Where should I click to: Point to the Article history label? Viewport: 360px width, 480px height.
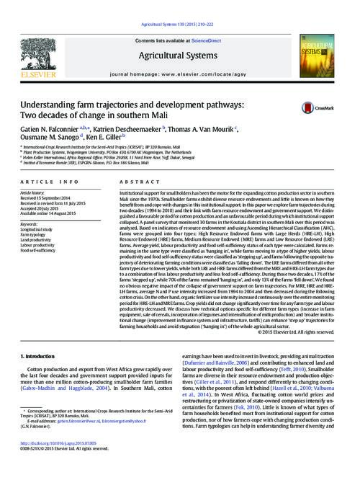point(34,193)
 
